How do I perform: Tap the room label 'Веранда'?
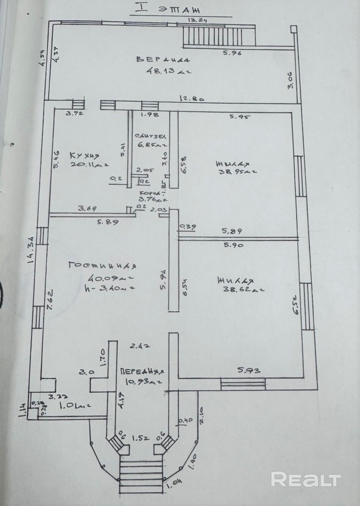coord(163,59)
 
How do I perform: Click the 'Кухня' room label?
coord(84,156)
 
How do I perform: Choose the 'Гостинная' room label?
coord(102,265)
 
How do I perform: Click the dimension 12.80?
coord(192,99)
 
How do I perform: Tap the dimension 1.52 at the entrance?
coord(140,438)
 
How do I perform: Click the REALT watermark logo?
coord(305,479)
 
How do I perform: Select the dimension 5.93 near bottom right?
coord(249,371)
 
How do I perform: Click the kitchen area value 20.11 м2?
coord(90,164)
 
